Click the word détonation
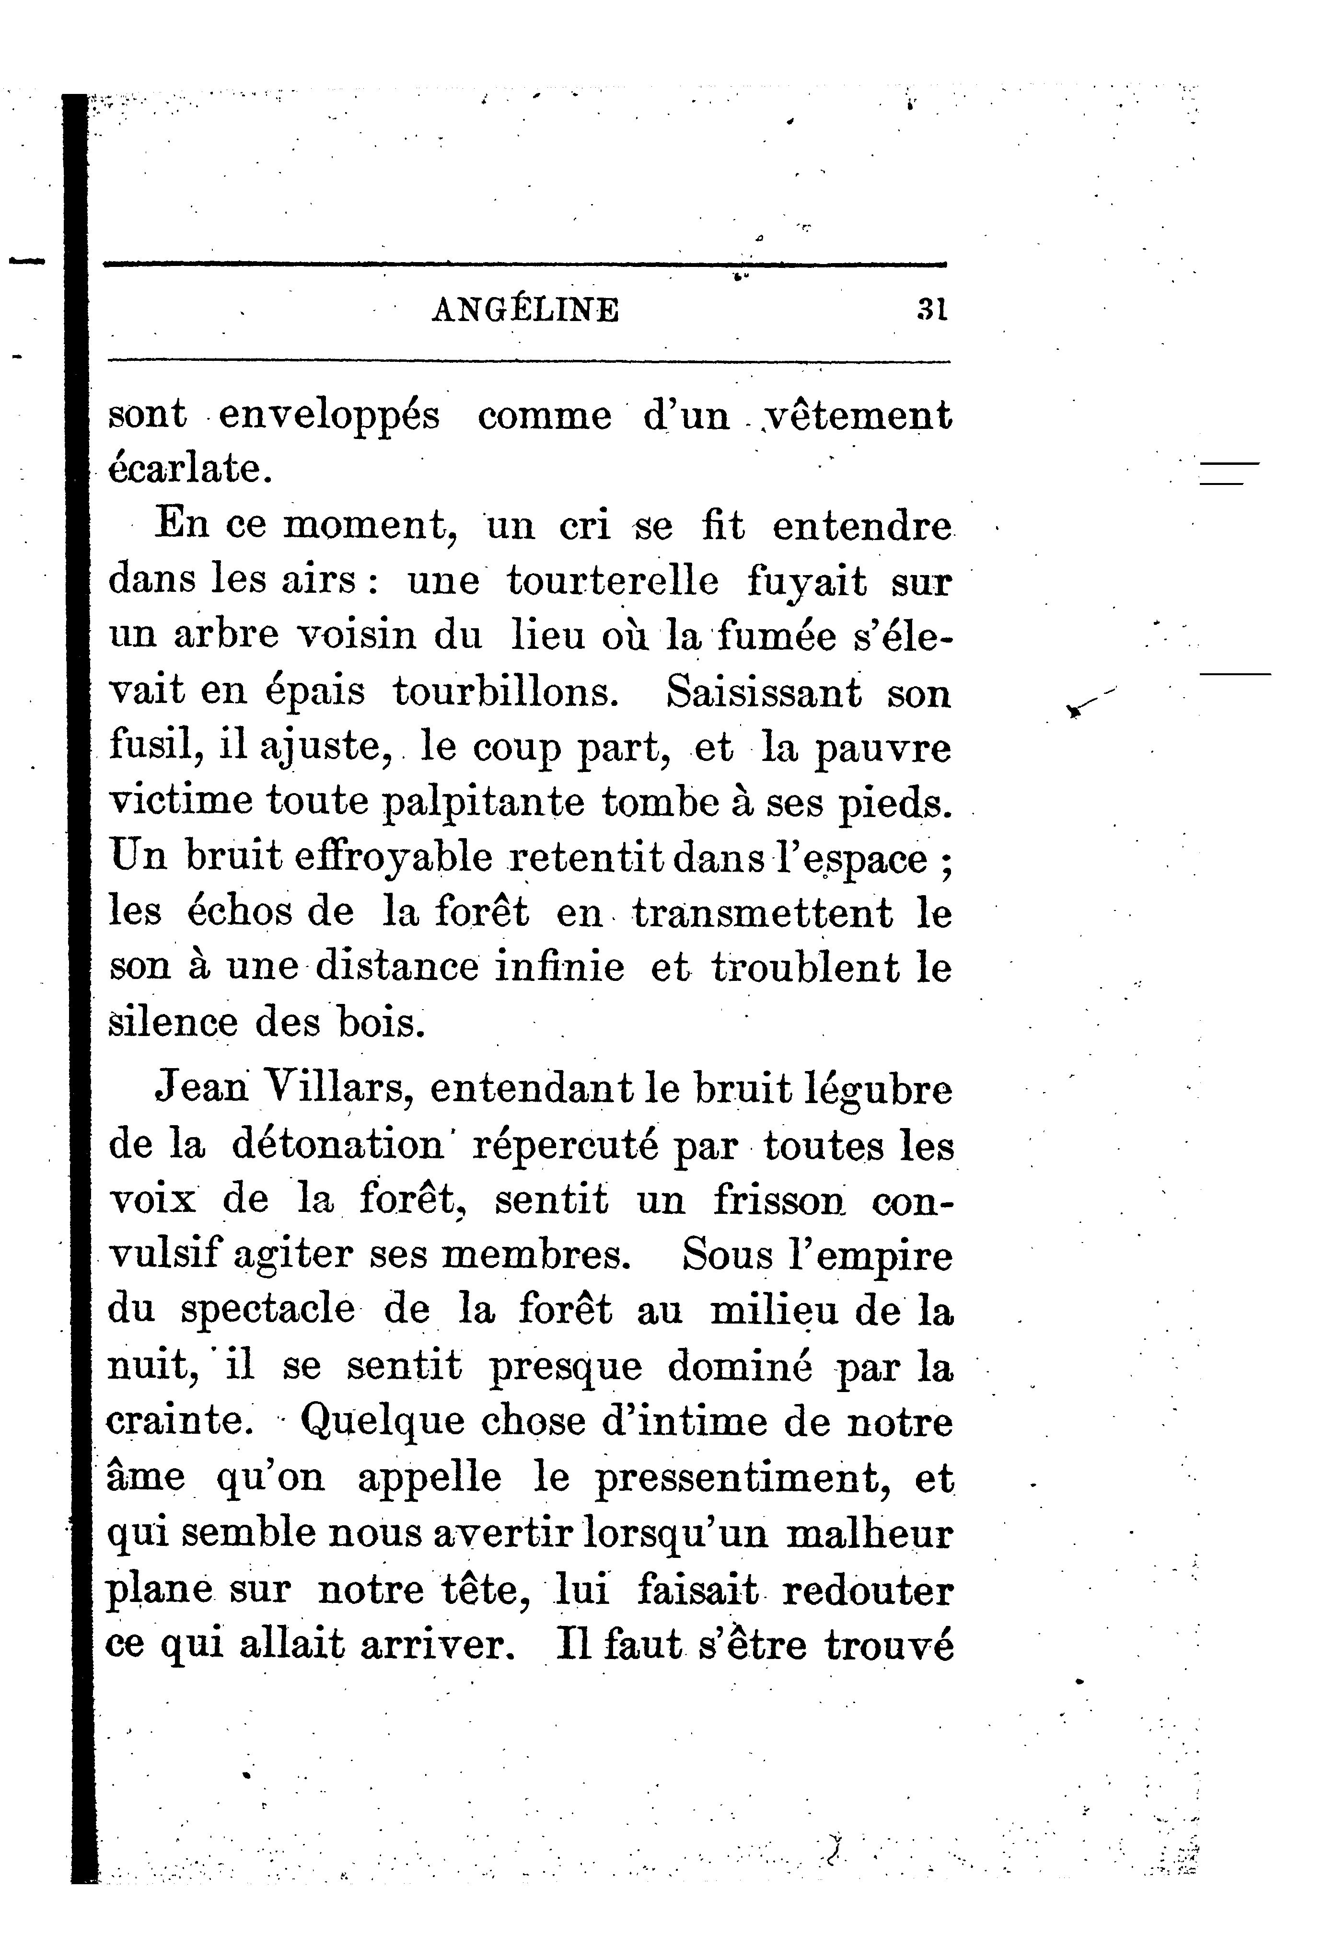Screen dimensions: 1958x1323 click(x=337, y=1145)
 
